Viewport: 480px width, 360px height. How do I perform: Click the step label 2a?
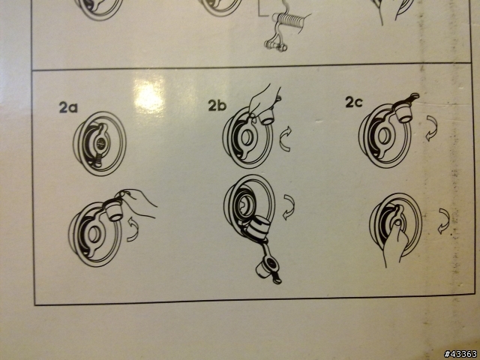tap(68, 107)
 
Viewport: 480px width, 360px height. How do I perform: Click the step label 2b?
tap(217, 105)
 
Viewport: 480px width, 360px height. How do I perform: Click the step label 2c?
tap(354, 102)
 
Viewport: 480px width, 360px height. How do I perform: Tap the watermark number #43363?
tap(460, 354)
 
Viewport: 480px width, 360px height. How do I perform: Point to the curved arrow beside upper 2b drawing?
tap(286, 139)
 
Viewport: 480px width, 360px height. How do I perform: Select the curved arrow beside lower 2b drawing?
tap(289, 207)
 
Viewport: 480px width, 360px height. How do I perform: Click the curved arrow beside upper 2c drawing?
tap(432, 128)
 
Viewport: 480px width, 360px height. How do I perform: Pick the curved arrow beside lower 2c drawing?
tap(444, 221)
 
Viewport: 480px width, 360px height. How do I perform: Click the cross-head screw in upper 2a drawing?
tap(100, 142)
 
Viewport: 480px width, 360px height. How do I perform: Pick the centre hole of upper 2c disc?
tap(383, 136)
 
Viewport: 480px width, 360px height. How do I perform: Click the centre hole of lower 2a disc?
tap(93, 234)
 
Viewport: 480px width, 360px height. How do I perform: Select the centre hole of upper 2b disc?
tap(247, 137)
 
